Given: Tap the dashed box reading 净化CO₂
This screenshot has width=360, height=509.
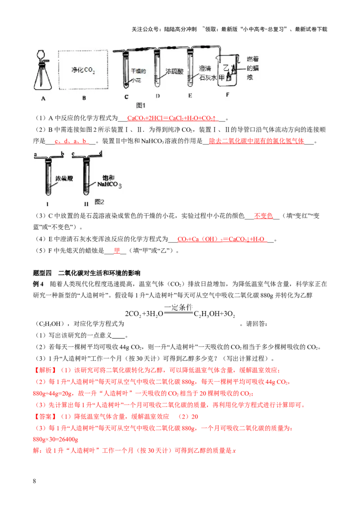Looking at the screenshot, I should tap(84, 70).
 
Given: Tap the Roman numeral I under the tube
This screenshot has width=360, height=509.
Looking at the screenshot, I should tap(48, 203).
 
